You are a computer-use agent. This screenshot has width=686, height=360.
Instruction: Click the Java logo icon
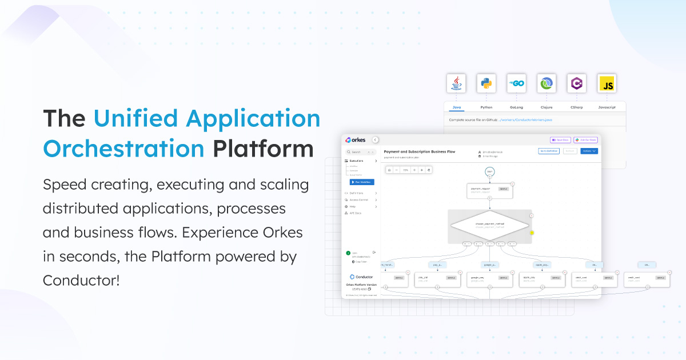coord(456,83)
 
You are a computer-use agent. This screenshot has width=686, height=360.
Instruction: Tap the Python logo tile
coord(486,83)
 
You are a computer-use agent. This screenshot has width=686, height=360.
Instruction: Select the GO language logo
coord(517,83)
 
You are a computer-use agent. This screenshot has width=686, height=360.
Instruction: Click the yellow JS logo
coord(607,83)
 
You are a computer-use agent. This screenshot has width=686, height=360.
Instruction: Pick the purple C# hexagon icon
coord(576,83)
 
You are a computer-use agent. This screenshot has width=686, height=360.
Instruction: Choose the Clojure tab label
coord(547,107)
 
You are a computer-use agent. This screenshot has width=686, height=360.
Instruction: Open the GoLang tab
coord(517,107)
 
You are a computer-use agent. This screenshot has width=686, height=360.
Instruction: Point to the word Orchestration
coord(123,149)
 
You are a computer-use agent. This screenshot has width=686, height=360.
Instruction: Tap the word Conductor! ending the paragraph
coord(81,281)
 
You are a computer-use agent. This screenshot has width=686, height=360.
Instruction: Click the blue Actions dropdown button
coord(589,151)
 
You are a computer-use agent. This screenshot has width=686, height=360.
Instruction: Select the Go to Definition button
coord(549,151)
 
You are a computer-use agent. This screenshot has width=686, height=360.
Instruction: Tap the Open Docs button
coord(560,139)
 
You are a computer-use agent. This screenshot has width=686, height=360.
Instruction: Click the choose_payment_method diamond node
coord(489,226)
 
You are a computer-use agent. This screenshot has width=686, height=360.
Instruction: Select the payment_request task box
coord(489,190)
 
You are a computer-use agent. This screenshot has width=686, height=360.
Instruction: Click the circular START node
coord(489,171)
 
